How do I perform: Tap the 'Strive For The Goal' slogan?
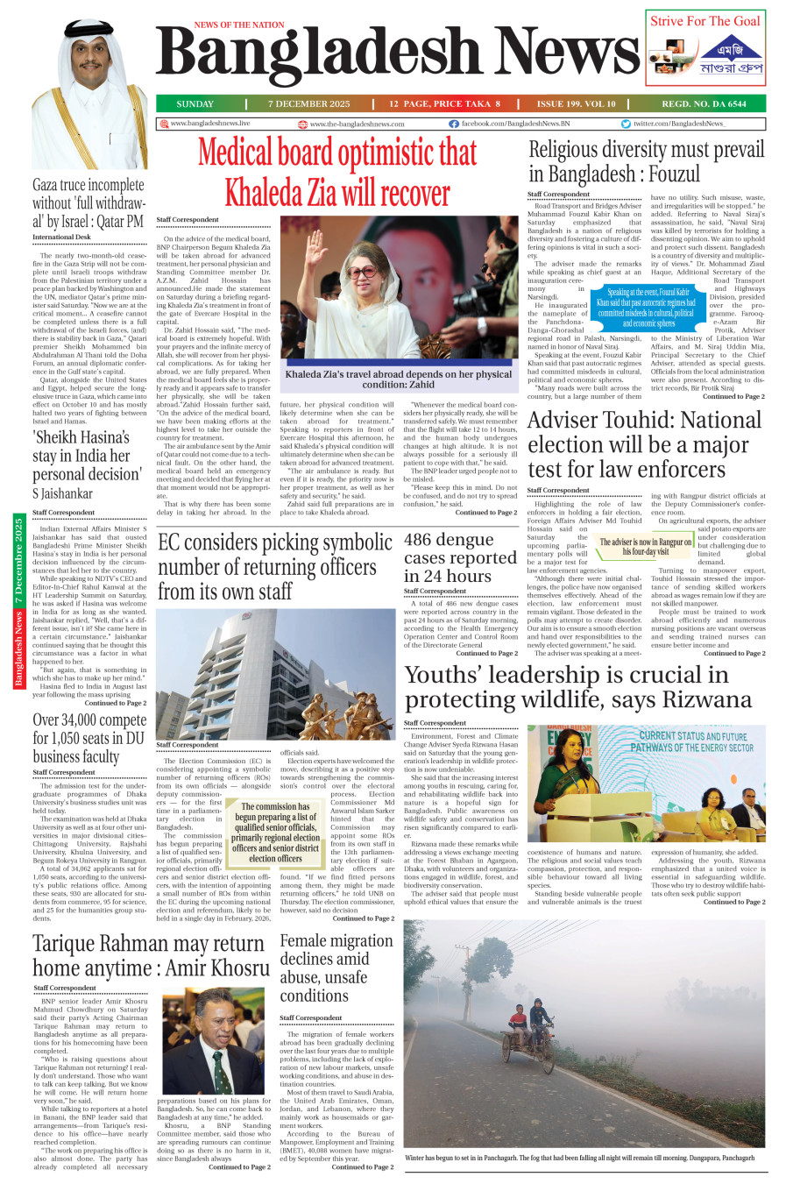[705, 21]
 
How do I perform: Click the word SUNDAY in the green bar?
[195, 103]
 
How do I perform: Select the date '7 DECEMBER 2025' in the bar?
[308, 103]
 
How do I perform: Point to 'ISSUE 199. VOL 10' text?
[576, 103]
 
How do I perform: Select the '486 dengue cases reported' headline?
[460, 557]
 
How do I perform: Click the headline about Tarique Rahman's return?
[151, 955]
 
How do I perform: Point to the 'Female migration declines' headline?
[336, 968]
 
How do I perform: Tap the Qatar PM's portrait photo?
[89, 95]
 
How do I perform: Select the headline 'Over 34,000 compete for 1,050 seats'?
[89, 738]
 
